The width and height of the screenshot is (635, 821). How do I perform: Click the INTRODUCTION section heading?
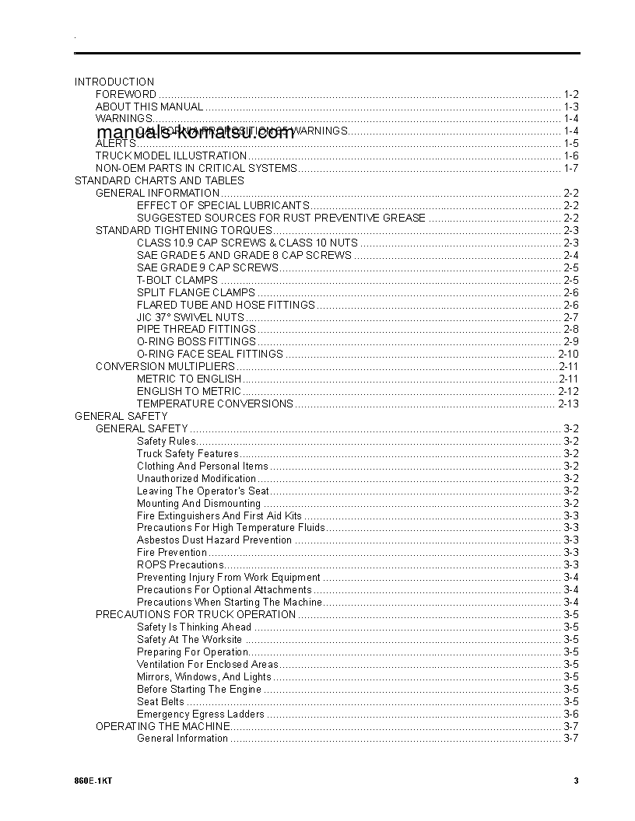(114, 82)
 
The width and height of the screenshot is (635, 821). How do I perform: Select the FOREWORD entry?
(126, 94)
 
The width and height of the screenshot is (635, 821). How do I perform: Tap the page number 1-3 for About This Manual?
(570, 107)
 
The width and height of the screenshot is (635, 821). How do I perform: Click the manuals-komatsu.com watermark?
(196, 132)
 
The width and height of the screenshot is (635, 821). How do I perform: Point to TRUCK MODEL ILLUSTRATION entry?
(171, 155)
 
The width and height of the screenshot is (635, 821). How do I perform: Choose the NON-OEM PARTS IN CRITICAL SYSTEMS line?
(196, 168)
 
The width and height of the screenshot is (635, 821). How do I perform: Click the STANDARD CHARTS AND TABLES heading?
(159, 180)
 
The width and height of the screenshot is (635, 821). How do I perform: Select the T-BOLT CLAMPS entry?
(177, 280)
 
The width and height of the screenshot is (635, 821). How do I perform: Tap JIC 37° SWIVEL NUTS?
(190, 317)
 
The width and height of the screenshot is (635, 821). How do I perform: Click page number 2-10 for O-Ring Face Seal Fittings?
(567, 354)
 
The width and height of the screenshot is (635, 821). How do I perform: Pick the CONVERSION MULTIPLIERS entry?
(165, 366)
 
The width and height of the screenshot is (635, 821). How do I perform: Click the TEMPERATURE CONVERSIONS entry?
(215, 404)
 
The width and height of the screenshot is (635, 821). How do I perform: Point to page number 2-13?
(568, 404)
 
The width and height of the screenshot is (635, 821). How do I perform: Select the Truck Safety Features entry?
(188, 453)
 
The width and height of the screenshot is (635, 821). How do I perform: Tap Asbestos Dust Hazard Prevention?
(214, 540)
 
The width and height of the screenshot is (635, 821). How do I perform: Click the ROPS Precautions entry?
(181, 564)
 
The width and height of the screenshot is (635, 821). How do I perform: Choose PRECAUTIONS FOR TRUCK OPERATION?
(195, 614)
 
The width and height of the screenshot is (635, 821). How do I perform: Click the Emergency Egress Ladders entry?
(200, 714)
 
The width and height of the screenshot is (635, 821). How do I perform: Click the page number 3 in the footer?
(576, 781)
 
